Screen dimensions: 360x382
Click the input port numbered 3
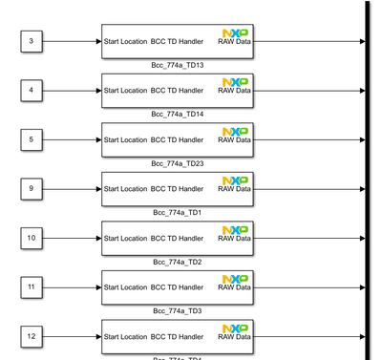[x=32, y=41]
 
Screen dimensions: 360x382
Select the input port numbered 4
[x=32, y=91]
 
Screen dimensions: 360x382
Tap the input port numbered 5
[x=32, y=139]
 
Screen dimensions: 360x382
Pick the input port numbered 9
[x=32, y=189]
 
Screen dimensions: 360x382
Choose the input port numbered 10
[x=32, y=238]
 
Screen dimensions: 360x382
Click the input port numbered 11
[x=32, y=286]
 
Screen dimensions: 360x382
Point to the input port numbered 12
[x=32, y=336]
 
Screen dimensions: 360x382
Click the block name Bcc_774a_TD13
[x=178, y=65]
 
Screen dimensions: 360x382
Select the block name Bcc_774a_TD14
[x=178, y=114]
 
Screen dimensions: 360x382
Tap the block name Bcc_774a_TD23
[x=178, y=163]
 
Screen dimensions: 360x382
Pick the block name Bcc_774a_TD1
[x=178, y=212]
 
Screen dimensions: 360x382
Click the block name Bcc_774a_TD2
[x=178, y=262]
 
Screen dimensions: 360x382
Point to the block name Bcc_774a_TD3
[x=178, y=310]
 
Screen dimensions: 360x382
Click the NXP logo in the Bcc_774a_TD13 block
[x=235, y=32]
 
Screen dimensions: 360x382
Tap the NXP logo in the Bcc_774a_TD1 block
[x=235, y=180]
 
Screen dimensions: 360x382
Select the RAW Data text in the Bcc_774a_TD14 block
[x=235, y=92]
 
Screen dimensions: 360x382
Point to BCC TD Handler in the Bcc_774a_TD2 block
[x=177, y=239]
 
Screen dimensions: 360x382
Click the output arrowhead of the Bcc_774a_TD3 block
[x=362, y=286]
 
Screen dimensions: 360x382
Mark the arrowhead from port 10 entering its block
[x=98, y=238]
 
